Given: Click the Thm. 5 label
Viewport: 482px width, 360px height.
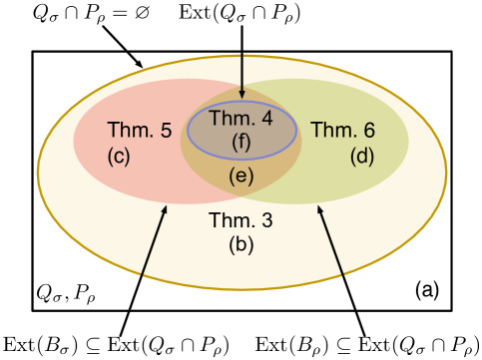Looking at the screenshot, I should tap(139, 130).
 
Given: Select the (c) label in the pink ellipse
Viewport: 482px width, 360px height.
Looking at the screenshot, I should tap(119, 156).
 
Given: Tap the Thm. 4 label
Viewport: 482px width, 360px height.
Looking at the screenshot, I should tap(240, 118).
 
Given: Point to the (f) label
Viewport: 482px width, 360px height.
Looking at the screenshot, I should tap(241, 141).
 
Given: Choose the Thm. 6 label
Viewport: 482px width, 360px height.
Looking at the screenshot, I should tap(342, 130).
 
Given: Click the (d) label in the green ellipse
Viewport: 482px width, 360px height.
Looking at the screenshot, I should tap(362, 156).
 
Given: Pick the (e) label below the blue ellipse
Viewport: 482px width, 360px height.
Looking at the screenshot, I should tap(241, 177).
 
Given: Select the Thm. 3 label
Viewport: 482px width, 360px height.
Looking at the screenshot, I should tap(241, 219).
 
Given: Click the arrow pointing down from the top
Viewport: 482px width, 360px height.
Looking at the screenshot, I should tap(241, 75).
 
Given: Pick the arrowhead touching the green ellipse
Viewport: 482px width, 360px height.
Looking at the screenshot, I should tap(320, 210).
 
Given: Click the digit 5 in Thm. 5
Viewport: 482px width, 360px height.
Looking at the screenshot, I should tap(166, 130).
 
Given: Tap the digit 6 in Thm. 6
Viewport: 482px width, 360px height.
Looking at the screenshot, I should tap(369, 130).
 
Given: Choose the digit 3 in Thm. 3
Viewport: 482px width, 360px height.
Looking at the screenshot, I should tap(266, 219).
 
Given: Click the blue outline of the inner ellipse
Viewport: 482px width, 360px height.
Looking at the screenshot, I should tap(296, 131).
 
